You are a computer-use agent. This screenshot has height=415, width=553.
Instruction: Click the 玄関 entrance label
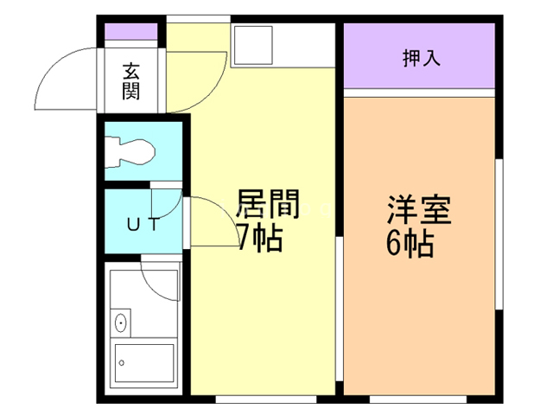tap(130, 81)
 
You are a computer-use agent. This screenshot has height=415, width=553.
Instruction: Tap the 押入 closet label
tap(421, 58)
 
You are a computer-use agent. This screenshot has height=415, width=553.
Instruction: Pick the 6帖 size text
tap(410, 245)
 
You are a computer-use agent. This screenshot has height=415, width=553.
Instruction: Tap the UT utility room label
tap(143, 225)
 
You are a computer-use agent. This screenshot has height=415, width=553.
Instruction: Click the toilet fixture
tap(130, 153)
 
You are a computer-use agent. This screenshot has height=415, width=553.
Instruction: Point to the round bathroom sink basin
tap(120, 324)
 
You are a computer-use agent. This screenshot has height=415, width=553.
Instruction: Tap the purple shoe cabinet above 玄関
tap(130, 33)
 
